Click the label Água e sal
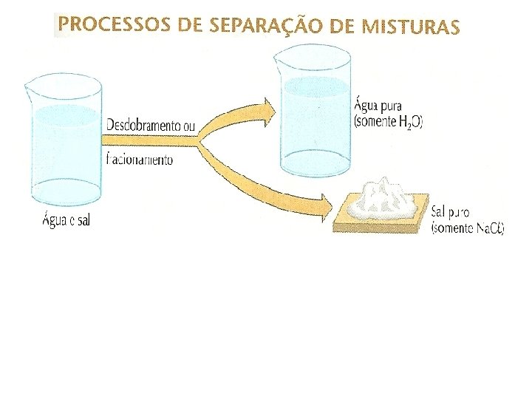[65, 221]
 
